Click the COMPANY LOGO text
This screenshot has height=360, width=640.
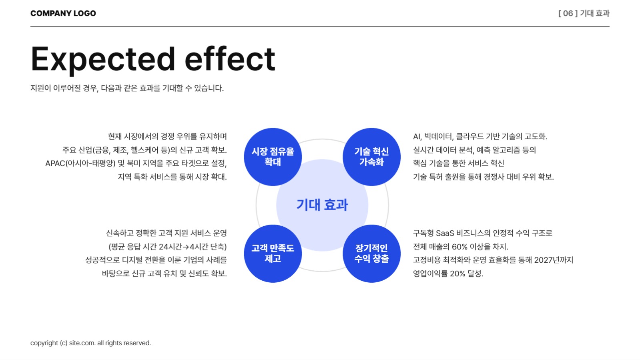[x=63, y=13]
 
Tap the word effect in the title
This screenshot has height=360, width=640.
[x=230, y=59]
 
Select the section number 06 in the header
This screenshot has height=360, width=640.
[x=568, y=13]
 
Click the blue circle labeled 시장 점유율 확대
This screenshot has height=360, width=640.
[x=273, y=157]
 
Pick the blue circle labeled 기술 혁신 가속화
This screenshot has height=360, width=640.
[x=371, y=157]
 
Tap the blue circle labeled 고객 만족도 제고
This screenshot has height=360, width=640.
[x=273, y=253]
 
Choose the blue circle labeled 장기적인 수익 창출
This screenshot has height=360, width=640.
[x=371, y=253]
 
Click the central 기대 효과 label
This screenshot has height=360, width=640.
[x=322, y=205]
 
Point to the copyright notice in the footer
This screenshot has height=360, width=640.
[x=90, y=343]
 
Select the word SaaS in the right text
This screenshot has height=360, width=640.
[x=445, y=233]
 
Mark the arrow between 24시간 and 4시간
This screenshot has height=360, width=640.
[x=186, y=247]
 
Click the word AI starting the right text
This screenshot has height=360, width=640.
[x=417, y=137]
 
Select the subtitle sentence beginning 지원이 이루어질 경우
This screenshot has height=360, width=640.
[x=127, y=88]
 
